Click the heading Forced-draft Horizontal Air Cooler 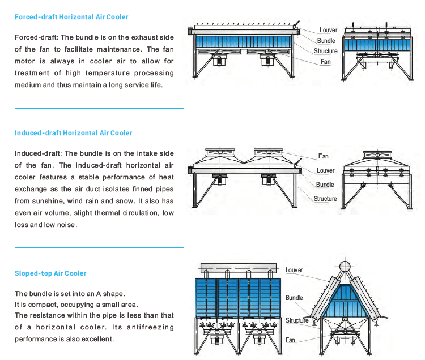coord(71,17)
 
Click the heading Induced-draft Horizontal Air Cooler coord(73,133)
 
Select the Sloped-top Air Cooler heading coord(50,273)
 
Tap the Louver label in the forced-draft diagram coord(328,30)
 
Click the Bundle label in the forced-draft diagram coord(326,41)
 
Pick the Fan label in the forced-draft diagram coord(325,61)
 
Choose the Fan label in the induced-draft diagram coord(323,156)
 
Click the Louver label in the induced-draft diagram coord(325,170)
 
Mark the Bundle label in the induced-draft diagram coord(325,185)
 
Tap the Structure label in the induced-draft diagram coord(325,199)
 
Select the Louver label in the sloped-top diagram coord(294,271)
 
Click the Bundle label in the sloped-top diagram coord(294,298)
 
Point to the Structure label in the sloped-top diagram coord(297,320)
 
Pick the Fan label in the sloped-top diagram coord(290,340)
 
